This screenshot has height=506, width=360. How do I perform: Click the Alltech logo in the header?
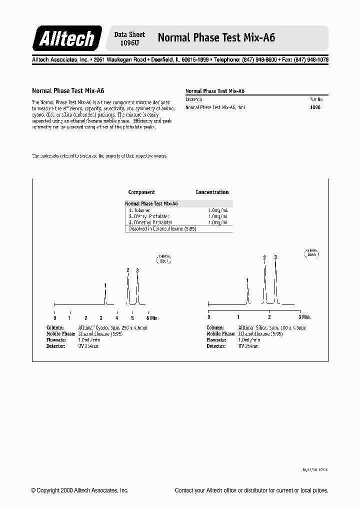click(67, 38)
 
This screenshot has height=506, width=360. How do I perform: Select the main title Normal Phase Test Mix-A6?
click(216, 37)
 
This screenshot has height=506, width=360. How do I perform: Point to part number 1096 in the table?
click(315, 107)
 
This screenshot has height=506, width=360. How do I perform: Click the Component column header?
click(141, 192)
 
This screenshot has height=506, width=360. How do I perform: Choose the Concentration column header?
click(212, 192)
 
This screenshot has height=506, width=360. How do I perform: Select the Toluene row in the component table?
click(142, 210)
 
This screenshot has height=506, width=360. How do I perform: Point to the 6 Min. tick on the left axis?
click(152, 318)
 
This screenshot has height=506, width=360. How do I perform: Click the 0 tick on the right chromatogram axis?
click(208, 317)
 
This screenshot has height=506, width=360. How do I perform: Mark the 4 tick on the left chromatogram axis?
click(117, 318)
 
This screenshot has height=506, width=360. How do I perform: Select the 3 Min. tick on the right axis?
click(304, 317)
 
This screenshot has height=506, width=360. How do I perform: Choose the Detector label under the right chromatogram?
click(216, 346)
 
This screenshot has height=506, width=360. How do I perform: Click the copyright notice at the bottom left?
click(79, 490)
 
